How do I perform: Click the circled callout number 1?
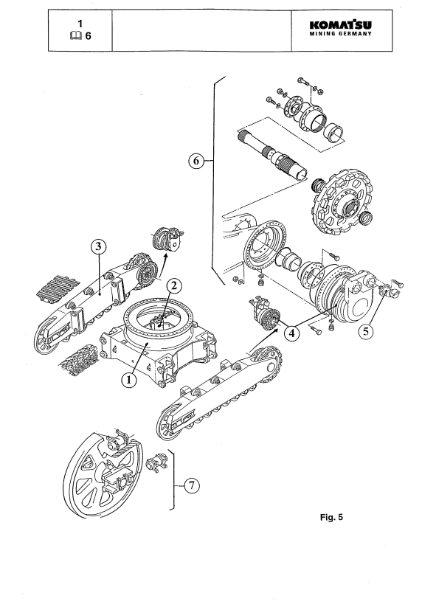pos(129,380)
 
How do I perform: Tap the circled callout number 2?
pos(174,286)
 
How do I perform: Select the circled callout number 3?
pos(98,246)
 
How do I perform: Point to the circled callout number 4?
pos(292,333)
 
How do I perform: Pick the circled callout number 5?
pos(366,331)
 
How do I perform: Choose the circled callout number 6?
pos(196,160)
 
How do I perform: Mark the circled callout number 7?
pos(192,485)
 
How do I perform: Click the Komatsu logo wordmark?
pos(340,25)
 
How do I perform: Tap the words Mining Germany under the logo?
pos(340,34)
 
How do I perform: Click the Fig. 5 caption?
pos(331,517)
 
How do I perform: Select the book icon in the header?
pos(76,36)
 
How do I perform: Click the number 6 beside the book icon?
pos(89,36)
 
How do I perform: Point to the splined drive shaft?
pos(272,154)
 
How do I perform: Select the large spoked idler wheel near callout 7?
pos(103,474)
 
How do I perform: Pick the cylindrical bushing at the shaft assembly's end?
pos(334,132)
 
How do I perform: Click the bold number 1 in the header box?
pos(80,24)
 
